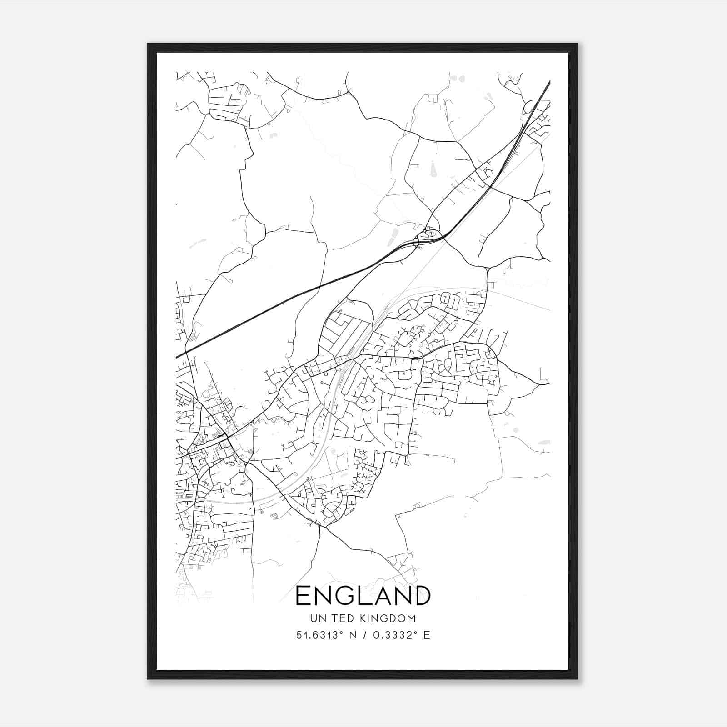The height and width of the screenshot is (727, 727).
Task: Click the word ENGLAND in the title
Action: (363, 595)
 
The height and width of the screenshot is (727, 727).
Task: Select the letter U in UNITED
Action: (314, 618)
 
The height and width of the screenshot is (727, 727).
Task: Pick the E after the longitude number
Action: (426, 635)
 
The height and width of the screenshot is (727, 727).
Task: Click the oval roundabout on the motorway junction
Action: (416, 243)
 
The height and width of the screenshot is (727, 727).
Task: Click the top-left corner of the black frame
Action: (148, 44)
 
